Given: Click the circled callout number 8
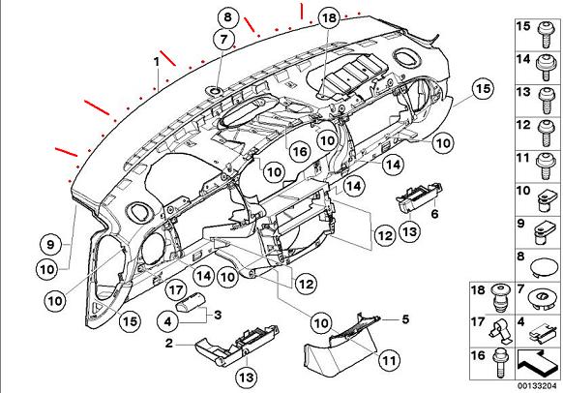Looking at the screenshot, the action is (x=227, y=16).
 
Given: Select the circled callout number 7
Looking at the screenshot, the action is (x=223, y=39).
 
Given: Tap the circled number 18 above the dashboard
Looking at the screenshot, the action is (x=329, y=17).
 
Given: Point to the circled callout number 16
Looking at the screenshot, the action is (x=300, y=152).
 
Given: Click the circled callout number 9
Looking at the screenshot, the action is (x=50, y=245).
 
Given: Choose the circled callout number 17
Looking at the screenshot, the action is (x=176, y=289).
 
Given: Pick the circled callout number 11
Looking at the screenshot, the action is (x=389, y=359).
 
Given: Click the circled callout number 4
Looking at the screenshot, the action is (x=167, y=321).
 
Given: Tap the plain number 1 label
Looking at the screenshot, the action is (x=156, y=62).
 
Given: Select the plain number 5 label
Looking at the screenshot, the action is (x=405, y=319).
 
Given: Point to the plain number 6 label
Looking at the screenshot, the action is (x=434, y=214).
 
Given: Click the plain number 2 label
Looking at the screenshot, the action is (x=168, y=343).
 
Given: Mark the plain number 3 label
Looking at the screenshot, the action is (x=218, y=315).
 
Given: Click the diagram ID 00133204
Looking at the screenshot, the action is (x=537, y=386).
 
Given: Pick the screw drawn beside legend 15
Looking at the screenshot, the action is (x=545, y=35).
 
